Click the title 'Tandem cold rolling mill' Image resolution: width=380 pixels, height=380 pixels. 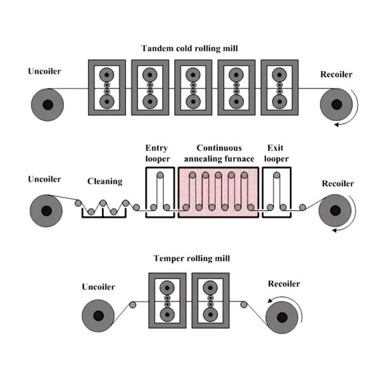[189, 48]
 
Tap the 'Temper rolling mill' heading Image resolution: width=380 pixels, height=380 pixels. [192, 258]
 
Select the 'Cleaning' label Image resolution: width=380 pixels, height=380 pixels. [104, 181]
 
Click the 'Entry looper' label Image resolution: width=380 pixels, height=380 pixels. [158, 153]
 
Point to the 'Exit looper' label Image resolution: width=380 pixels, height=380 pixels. [276, 153]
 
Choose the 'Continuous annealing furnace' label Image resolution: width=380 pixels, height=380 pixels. [219, 153]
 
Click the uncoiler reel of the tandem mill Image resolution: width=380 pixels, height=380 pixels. [47, 104]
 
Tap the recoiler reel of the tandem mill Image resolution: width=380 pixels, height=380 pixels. [336, 104]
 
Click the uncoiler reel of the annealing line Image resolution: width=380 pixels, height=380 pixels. [46, 211]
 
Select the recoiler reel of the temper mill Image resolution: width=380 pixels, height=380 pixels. [282, 317]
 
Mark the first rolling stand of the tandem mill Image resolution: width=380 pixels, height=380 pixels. [107, 87]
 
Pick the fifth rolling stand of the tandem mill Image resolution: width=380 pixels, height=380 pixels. [280, 87]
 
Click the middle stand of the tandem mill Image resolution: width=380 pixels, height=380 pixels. [193, 87]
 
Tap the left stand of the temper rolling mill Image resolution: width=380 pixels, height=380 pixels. [167, 301]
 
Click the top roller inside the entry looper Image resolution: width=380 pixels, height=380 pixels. [160, 175]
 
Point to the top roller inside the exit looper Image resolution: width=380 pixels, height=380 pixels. [277, 175]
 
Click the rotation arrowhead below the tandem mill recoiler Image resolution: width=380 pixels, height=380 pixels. [336, 125]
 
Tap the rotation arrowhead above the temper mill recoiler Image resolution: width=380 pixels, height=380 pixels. [270, 300]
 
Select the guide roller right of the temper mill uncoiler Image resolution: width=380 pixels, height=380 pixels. [132, 305]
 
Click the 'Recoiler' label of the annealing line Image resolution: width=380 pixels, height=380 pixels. [338, 184]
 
